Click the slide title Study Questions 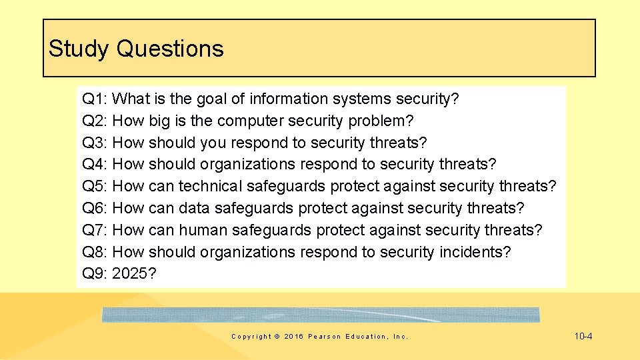[x=136, y=49]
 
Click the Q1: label [x=95, y=99]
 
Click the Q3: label [x=95, y=143]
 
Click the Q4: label [x=95, y=165]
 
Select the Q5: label [x=95, y=187]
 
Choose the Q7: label [x=95, y=231]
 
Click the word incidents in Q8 [x=475, y=253]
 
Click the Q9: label [x=95, y=274]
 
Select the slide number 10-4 [x=583, y=336]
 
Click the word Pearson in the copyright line [x=324, y=337]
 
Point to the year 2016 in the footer [x=293, y=337]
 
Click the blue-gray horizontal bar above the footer [x=321, y=315]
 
